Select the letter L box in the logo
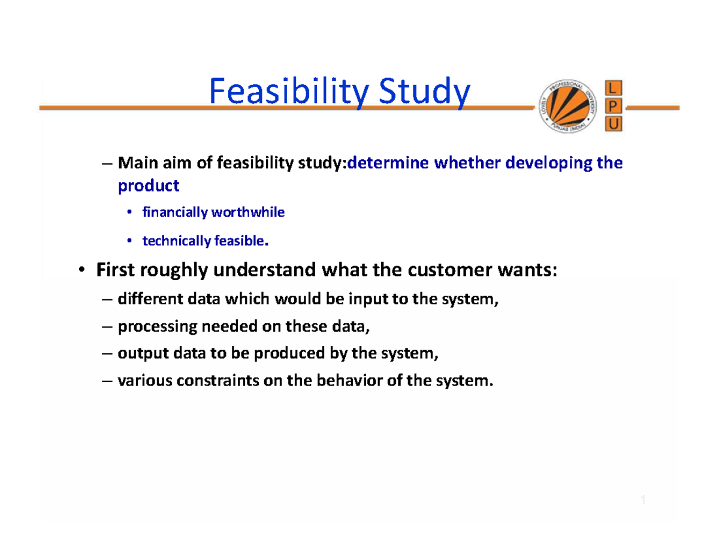[x=615, y=89]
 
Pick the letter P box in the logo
[x=615, y=107]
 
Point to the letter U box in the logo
[x=615, y=124]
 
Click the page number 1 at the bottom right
[x=642, y=501]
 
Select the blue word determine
[x=381, y=163]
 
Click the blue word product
[x=148, y=186]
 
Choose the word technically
[x=173, y=241]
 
